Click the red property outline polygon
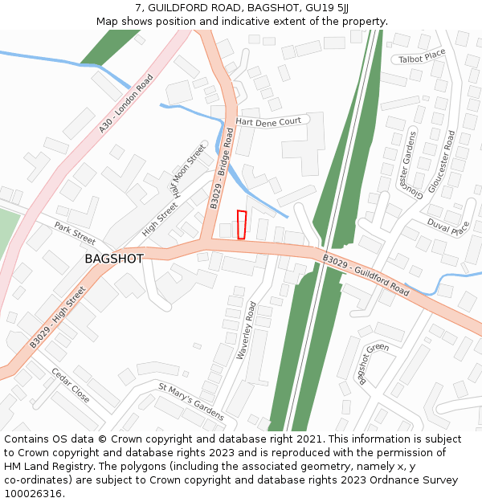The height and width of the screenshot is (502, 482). (x=242, y=225)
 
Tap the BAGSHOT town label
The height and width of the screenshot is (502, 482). (x=114, y=259)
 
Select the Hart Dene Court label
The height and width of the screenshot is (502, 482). (x=268, y=121)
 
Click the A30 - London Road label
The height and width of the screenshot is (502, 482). (x=126, y=104)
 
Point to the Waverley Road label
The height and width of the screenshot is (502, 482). (x=246, y=330)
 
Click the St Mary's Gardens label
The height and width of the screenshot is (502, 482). (x=190, y=402)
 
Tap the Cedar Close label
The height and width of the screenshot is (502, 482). (x=71, y=386)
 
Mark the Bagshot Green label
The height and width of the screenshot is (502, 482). (x=374, y=365)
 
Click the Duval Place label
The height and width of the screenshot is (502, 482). (x=448, y=228)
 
